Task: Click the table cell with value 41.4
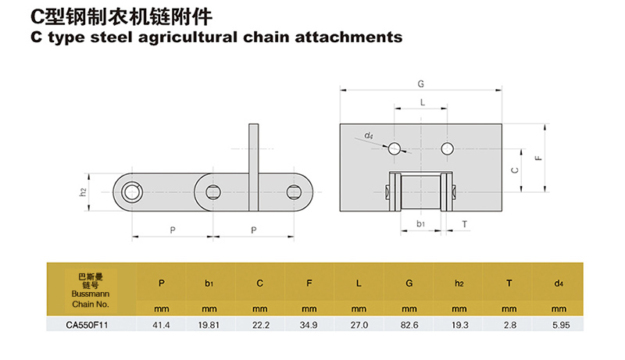tap(161, 325)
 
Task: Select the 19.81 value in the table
tap(210, 325)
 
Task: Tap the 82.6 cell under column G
tap(409, 325)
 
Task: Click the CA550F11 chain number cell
tap(87, 325)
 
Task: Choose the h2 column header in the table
tap(459, 283)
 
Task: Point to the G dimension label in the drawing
tap(420, 83)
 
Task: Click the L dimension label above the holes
tap(422, 102)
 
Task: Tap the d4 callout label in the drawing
tap(369, 136)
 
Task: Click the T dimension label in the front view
tap(466, 223)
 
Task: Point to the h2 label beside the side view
tap(84, 192)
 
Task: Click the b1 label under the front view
tap(420, 223)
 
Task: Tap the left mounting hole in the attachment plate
tap(396, 148)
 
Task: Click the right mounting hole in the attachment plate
tap(447, 148)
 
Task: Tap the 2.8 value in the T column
tap(509, 325)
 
